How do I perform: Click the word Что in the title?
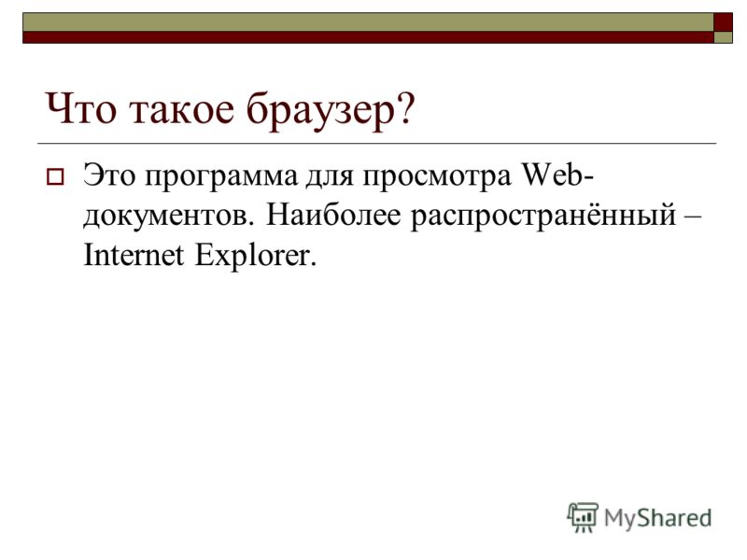[x=80, y=108]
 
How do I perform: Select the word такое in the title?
[x=182, y=110]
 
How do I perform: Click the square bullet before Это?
[x=55, y=177]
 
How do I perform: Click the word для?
[x=330, y=178]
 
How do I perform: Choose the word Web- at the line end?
[x=557, y=175]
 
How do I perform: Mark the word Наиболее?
[x=333, y=215]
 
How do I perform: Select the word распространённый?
[x=543, y=217]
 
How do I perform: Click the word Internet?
[x=134, y=255]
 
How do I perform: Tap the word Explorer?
[x=256, y=257]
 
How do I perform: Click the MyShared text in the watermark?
[x=658, y=518]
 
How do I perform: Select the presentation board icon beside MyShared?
[x=583, y=517]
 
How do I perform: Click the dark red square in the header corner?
[x=723, y=22]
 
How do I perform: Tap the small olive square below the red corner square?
[x=723, y=37]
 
